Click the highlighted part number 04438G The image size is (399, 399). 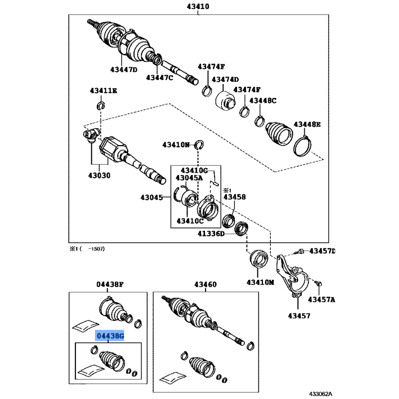(x=110, y=336)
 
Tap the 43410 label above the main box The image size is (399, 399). (x=198, y=6)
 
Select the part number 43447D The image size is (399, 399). (x=124, y=69)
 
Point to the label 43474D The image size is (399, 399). (x=225, y=80)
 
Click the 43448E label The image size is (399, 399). (x=307, y=124)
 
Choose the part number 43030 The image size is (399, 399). (x=99, y=176)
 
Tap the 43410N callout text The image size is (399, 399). (x=176, y=145)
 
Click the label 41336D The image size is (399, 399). (x=211, y=233)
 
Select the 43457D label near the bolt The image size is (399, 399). (x=322, y=251)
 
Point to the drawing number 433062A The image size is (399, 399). (x=320, y=394)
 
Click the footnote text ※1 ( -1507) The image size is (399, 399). (x=87, y=249)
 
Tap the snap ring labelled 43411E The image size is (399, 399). (x=101, y=105)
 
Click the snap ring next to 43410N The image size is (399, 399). (x=199, y=145)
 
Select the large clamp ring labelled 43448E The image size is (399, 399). (x=303, y=146)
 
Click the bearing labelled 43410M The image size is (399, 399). (x=259, y=259)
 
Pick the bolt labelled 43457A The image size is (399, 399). (x=319, y=283)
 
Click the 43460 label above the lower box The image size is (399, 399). (x=205, y=284)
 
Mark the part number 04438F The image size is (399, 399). (x=110, y=284)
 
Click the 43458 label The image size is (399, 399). (x=234, y=197)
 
